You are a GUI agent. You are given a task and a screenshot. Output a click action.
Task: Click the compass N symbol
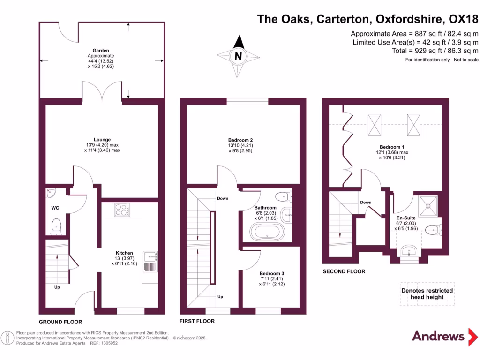click(239, 57)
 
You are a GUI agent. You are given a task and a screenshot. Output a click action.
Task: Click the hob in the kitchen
click(122, 210)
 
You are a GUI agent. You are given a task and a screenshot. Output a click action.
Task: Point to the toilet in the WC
click(56, 226)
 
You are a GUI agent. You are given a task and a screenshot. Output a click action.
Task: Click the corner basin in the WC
click(51, 193)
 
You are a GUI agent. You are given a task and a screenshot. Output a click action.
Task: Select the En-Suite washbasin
click(409, 251)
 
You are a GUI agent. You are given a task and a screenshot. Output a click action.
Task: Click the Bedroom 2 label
click(240, 140)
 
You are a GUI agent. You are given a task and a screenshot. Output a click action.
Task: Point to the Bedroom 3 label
click(272, 273)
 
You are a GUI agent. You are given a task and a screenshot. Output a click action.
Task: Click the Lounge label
click(102, 140)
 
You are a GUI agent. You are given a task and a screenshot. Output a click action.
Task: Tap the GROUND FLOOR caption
click(60, 322)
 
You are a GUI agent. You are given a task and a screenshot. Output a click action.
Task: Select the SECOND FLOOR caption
click(344, 271)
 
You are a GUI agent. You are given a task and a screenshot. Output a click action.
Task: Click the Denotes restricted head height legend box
click(427, 294)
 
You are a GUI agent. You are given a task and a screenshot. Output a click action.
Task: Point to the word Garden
click(101, 50)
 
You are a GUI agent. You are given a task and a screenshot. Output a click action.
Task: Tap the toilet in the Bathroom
click(283, 196)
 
